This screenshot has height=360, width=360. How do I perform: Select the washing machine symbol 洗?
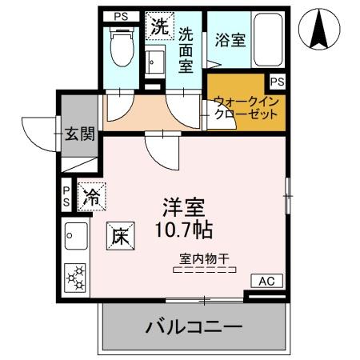point(159,26)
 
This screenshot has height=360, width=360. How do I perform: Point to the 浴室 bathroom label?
point(230,40)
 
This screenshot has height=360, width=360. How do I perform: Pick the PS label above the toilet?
point(120,15)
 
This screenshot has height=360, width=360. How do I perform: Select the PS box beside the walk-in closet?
point(277,81)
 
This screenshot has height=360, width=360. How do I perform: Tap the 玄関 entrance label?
point(80,133)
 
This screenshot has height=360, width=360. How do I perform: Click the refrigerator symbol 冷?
point(90,194)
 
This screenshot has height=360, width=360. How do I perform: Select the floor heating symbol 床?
point(118,236)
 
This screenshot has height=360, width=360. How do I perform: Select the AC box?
point(266,281)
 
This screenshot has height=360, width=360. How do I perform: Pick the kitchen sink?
point(76,235)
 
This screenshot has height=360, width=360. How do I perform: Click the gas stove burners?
point(77,277)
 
